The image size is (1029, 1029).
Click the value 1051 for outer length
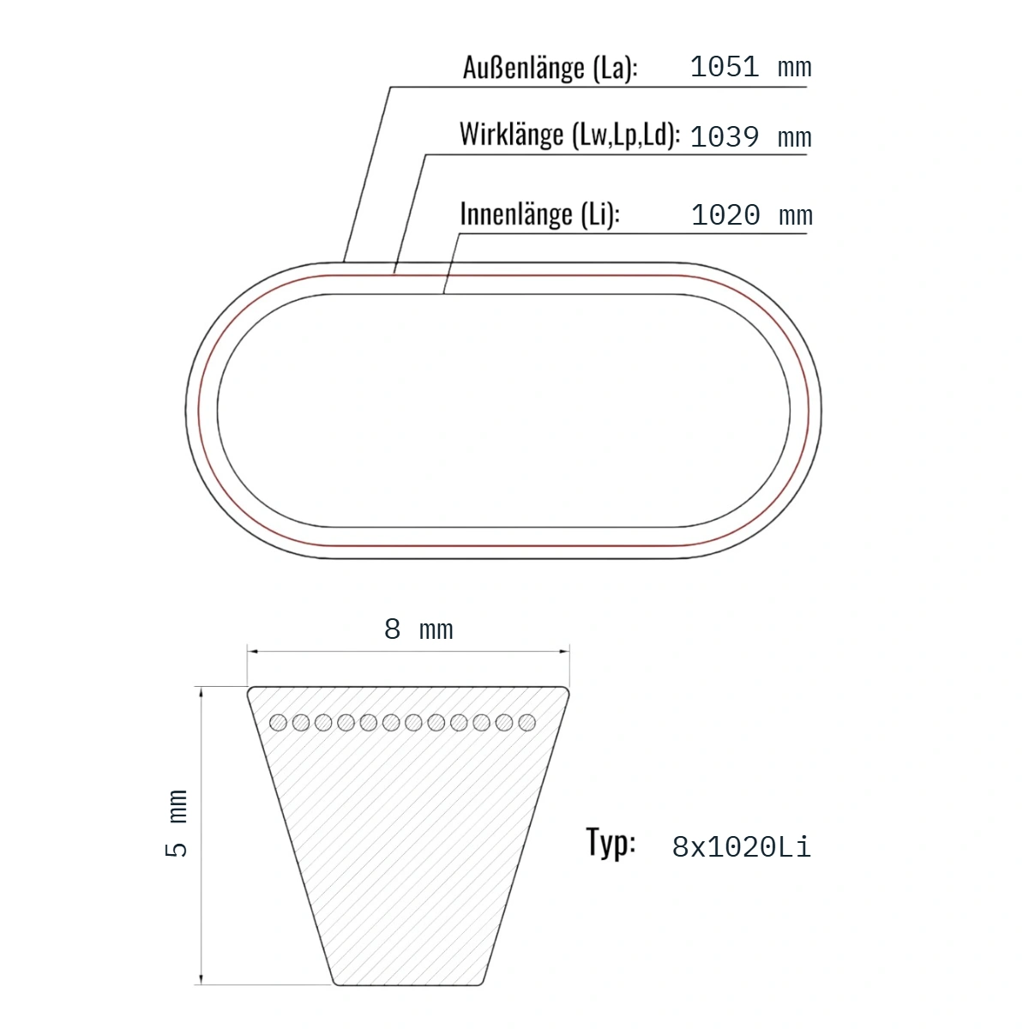pos(724,67)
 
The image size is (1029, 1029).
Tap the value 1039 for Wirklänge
pos(724,137)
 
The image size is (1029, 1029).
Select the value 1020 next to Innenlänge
pos(725,215)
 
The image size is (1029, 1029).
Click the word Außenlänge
pos(523,68)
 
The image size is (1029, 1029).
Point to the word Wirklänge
pos(511,134)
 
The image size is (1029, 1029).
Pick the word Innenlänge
pos(516,214)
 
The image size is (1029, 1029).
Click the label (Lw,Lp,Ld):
pos(626,135)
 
